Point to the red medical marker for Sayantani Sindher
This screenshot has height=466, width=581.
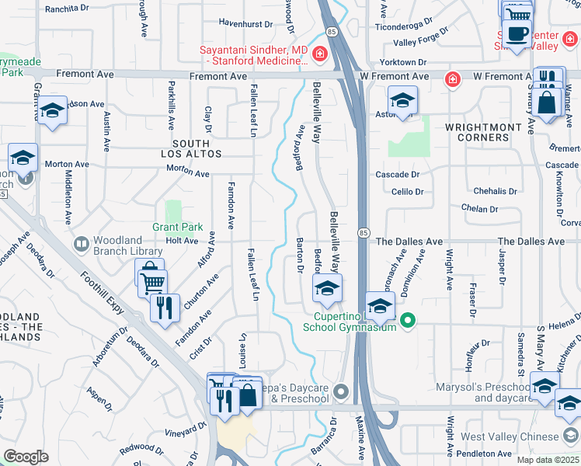[x=320, y=56]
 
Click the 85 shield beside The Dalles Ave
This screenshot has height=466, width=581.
[x=365, y=233]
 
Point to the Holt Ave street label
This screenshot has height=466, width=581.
[x=183, y=241]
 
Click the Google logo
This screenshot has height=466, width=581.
[x=26, y=456]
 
